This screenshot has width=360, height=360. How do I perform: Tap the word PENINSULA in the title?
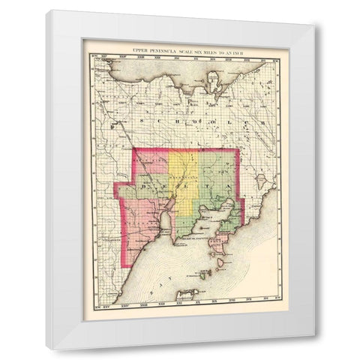click(x=165, y=50)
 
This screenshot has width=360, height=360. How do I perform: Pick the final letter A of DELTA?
click(x=229, y=181)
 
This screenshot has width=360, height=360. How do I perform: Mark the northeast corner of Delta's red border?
click(x=238, y=148)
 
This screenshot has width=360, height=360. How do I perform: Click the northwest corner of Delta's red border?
click(x=133, y=148)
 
